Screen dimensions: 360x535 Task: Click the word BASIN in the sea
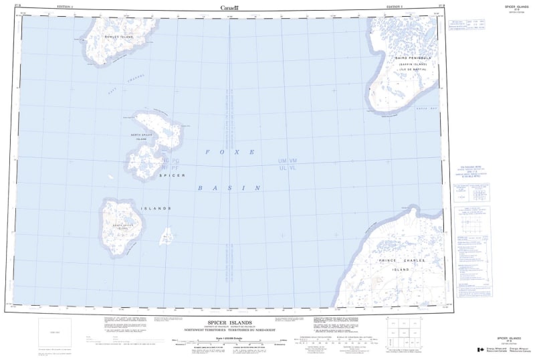[x=228, y=189]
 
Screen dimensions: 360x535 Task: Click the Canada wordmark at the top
[x=229, y=7]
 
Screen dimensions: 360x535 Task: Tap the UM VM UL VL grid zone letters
[x=292, y=165]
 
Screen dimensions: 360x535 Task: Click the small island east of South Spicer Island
[x=167, y=235]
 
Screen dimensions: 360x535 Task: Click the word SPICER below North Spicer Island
[x=172, y=175]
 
